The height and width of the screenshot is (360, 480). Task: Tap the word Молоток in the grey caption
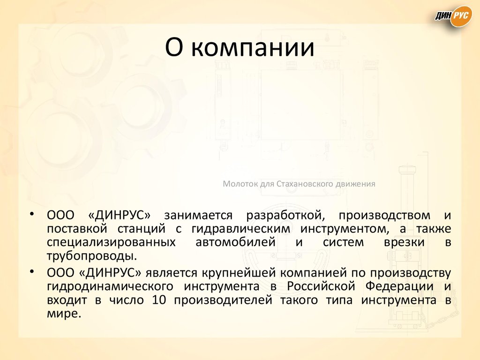click(x=240, y=184)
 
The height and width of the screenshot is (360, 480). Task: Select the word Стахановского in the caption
click(x=304, y=184)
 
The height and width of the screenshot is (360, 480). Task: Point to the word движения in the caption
click(x=355, y=184)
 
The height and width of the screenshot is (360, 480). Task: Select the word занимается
click(x=198, y=215)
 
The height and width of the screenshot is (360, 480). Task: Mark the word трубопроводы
click(x=92, y=256)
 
